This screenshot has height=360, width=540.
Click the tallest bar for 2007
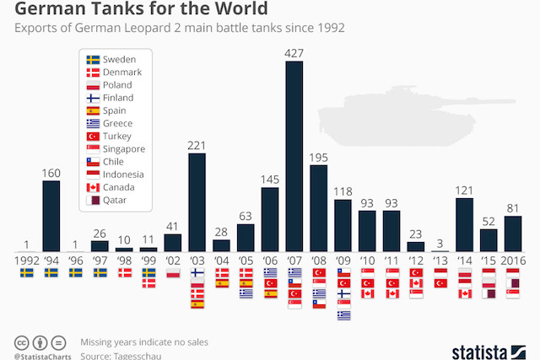(294, 156)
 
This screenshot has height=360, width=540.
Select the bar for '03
(197, 201)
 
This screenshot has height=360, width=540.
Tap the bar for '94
(51, 216)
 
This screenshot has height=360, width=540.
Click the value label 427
(294, 52)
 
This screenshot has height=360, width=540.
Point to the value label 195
(319, 158)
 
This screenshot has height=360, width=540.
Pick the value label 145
(270, 180)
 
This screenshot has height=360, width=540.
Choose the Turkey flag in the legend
(94, 137)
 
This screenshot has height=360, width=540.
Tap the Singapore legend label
(123, 149)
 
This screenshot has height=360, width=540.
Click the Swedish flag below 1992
(26, 273)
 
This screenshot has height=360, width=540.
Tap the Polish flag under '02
(172, 273)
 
